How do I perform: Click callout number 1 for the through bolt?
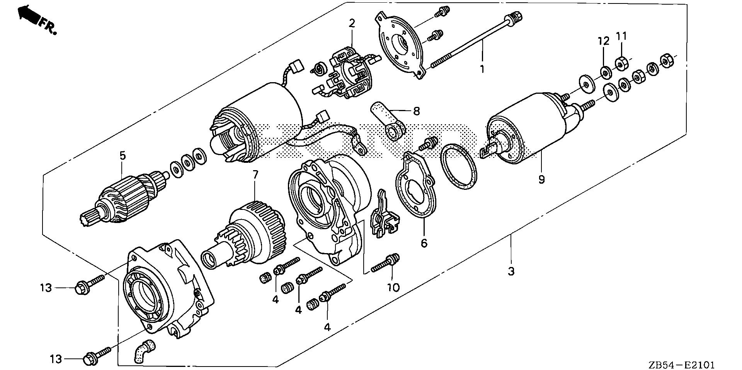[482, 69]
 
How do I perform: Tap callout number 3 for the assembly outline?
[511, 271]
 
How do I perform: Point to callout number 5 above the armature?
[122, 156]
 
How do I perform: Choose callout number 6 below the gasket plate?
[424, 243]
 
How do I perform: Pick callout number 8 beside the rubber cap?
[416, 112]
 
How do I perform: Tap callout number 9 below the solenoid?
[541, 179]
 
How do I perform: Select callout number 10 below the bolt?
[393, 287]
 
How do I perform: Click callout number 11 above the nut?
[621, 36]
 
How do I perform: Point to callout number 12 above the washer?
[604, 41]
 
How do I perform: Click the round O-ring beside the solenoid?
[459, 166]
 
